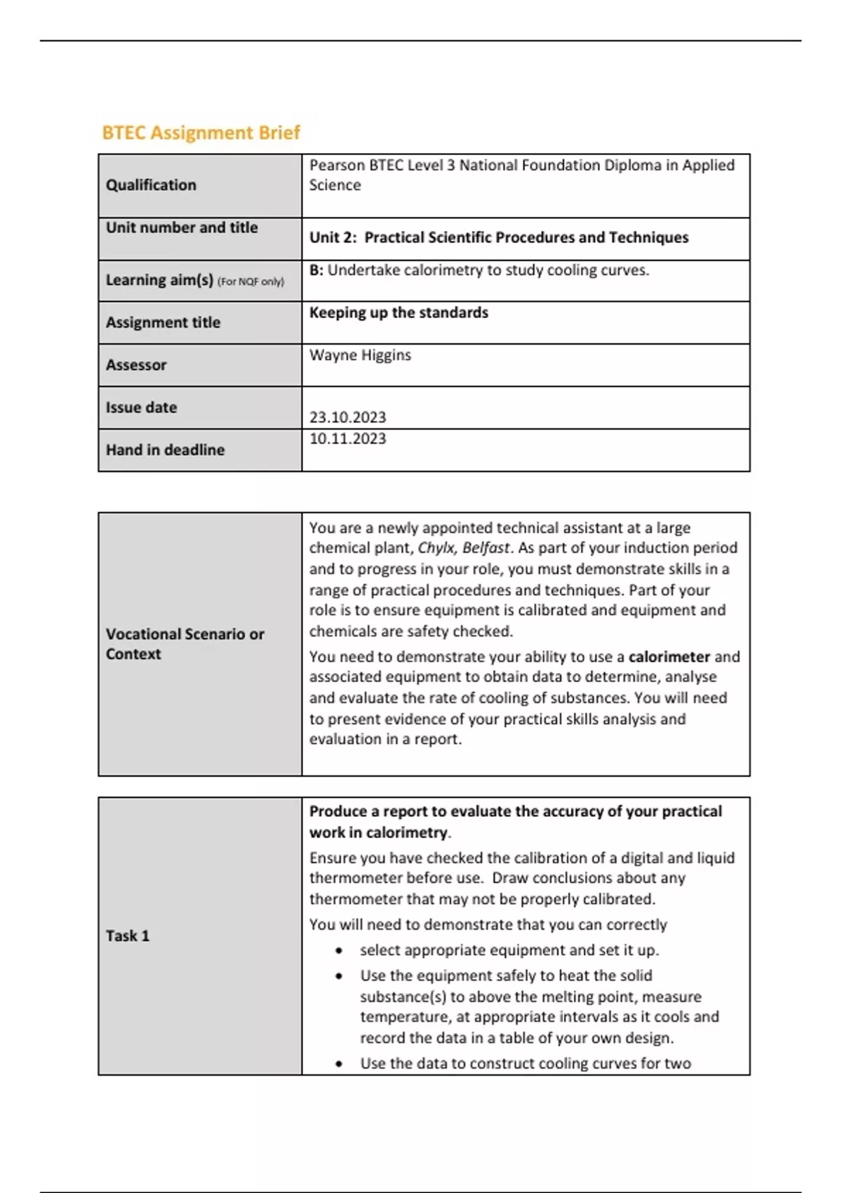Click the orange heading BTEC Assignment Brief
pos(201,133)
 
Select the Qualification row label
pos(151,185)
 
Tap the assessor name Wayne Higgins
pos(360,355)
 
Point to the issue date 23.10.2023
pos(347,418)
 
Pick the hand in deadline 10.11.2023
pos(347,439)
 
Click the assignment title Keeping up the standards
pos(399,313)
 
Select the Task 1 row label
pos(128,936)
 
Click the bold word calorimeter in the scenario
pos(669,657)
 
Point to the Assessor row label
pos(136,365)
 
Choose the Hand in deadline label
pos(165,450)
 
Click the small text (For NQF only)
pos(250,282)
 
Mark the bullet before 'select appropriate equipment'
pos(340,951)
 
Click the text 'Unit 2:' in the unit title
pos(333,238)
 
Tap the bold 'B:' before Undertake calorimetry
pos(316,270)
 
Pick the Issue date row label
pos(141,408)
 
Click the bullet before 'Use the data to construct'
pos(340,1064)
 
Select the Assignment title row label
pos(163,323)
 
